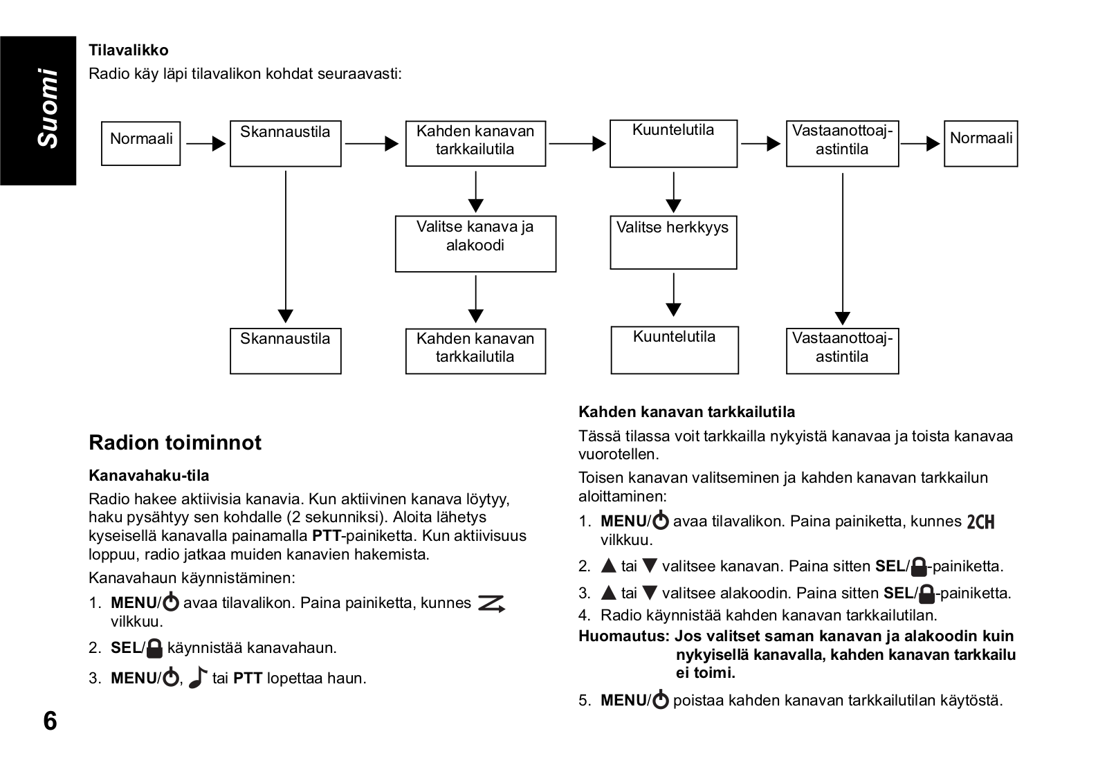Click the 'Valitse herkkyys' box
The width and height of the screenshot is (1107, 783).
[x=673, y=242]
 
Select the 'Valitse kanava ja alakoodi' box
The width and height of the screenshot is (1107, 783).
[x=475, y=243]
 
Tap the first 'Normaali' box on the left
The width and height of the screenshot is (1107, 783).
[x=141, y=143]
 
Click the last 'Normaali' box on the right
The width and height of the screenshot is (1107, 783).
[x=980, y=143]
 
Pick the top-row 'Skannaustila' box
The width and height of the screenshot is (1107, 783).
[x=286, y=143]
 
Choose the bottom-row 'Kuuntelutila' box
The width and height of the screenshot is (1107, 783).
[x=675, y=350]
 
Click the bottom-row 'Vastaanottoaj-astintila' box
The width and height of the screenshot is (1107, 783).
[x=842, y=351]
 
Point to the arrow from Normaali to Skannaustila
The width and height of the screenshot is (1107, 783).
[x=205, y=144]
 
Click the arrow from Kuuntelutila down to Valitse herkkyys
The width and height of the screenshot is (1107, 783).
[x=673, y=192]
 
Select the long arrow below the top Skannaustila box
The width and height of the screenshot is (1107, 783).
[x=286, y=246]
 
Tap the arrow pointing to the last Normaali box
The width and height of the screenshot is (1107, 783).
[x=920, y=144]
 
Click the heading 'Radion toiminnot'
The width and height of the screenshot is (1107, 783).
[x=175, y=442]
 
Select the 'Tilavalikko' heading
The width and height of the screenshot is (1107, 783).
[x=129, y=50]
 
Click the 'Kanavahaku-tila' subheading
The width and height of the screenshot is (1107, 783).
[x=149, y=475]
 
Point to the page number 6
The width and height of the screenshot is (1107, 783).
[x=50, y=721]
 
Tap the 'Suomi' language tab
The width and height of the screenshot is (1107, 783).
[x=48, y=108]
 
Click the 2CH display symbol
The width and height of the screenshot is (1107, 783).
[x=980, y=522]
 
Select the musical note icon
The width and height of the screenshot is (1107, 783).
[x=198, y=677]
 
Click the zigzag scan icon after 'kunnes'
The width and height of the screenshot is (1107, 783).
[x=491, y=604]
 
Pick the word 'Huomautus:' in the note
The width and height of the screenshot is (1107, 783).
[x=624, y=636]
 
